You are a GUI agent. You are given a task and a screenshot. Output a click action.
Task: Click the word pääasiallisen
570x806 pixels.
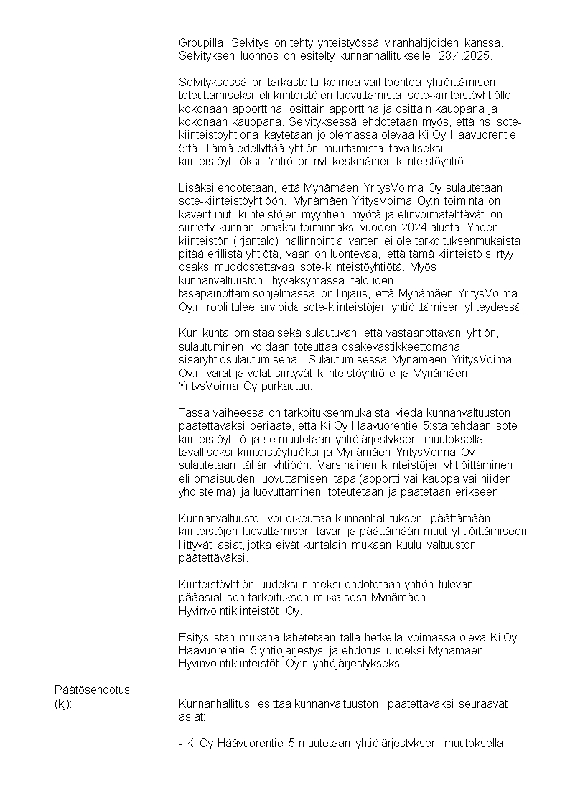click(211, 598)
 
